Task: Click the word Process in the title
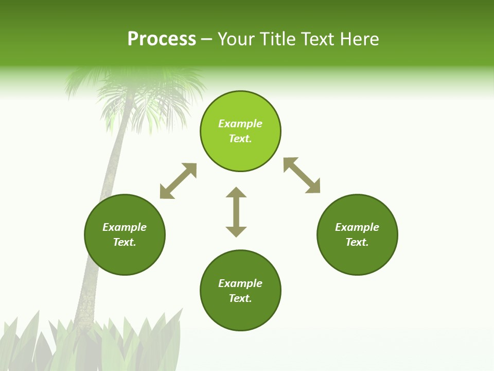(x=162, y=39)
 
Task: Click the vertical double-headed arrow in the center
(x=236, y=212)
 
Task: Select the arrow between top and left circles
(x=178, y=181)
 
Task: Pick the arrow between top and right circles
(x=302, y=175)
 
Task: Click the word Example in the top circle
(x=240, y=124)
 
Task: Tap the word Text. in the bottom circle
(x=240, y=298)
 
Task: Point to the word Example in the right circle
(x=357, y=227)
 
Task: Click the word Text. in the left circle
(x=125, y=242)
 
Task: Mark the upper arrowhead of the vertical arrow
(x=236, y=193)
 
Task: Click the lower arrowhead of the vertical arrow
(x=236, y=231)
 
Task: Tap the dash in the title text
(x=207, y=40)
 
